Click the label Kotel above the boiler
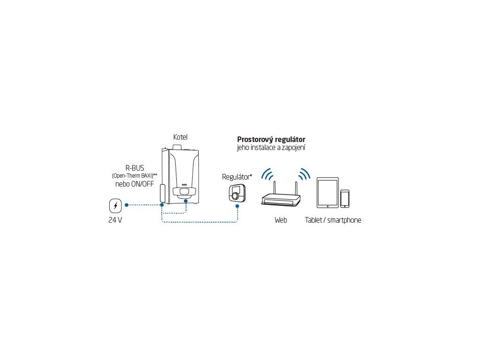coord(180,137)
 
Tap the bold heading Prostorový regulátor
coord(271,140)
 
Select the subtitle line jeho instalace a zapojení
coord(271,148)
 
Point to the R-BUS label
coord(135,168)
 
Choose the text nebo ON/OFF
coord(135,183)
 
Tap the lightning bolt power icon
coord(115,206)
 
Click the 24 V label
coord(115,220)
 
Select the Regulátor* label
coord(237,177)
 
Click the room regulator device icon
coord(237,193)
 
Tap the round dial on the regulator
coord(236,195)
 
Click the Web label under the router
coord(281,220)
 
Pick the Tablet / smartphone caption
coord(333,220)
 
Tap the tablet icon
coord(328,193)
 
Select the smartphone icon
coord(345,198)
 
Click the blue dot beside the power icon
coord(127,205)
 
